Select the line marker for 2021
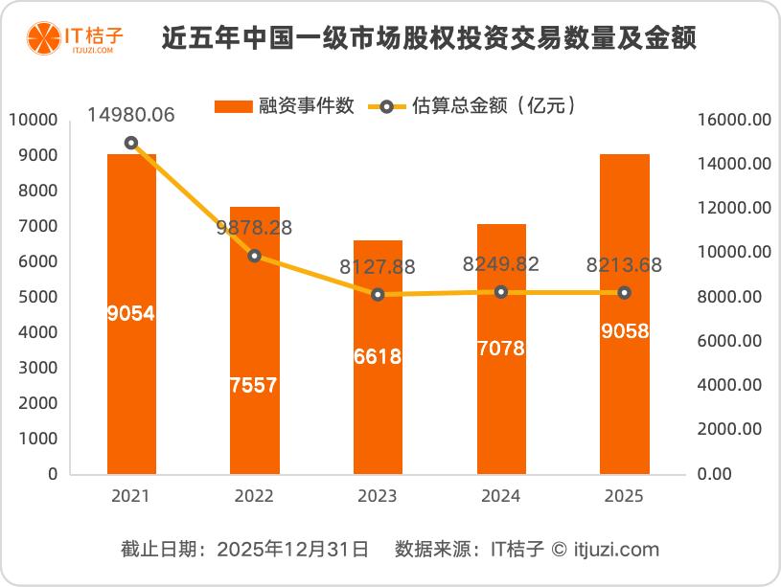[x=131, y=143]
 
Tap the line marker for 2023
[x=378, y=295]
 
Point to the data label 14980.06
[x=131, y=115]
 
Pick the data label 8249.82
[x=500, y=264]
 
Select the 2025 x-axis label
[x=624, y=496]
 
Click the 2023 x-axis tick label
[x=377, y=496]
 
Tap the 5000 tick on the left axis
[x=37, y=297]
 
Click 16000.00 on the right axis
[x=734, y=120]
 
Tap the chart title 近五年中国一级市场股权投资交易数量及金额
[x=428, y=39]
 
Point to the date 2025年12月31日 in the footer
[x=292, y=550]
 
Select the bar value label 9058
[x=624, y=331]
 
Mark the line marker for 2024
[x=500, y=291]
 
